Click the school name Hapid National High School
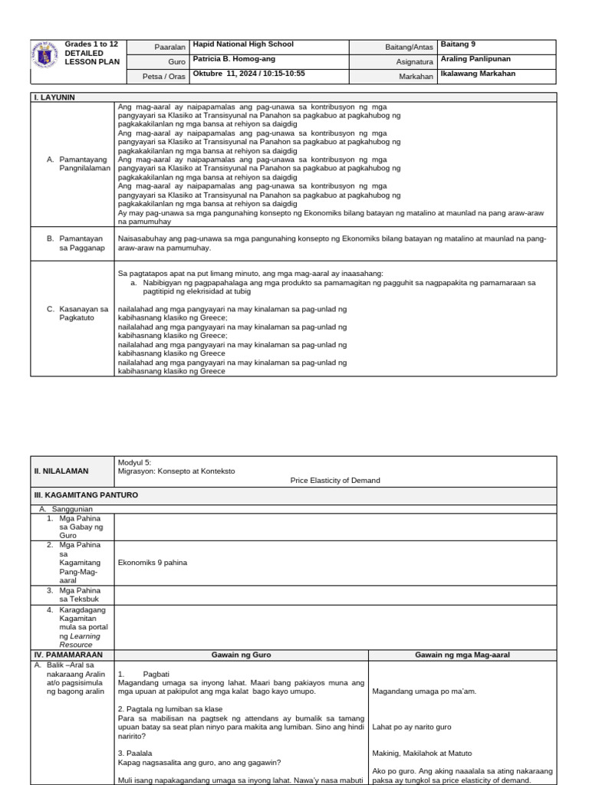243,44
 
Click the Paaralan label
171,47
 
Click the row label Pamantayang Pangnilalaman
85,164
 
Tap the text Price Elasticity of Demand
334,481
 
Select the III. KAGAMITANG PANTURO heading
84,495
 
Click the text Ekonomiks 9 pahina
152,563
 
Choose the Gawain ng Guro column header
241,655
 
